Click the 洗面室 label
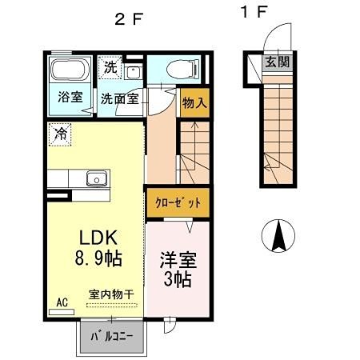click(x=120, y=99)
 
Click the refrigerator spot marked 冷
click(x=60, y=134)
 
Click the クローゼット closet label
click(x=177, y=202)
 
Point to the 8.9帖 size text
click(x=98, y=261)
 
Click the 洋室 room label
click(x=178, y=261)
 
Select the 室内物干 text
click(x=110, y=294)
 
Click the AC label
click(x=62, y=303)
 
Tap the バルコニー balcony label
click(x=110, y=334)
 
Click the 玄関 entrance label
click(x=277, y=61)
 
